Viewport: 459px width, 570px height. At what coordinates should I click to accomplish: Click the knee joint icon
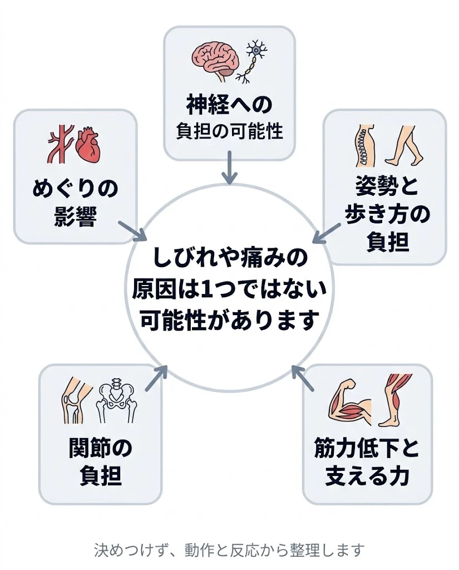[73, 401]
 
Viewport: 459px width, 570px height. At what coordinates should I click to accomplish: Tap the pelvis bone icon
[117, 401]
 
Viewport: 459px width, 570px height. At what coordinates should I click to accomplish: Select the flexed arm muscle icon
[348, 402]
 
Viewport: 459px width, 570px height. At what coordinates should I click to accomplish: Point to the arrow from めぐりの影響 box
[131, 230]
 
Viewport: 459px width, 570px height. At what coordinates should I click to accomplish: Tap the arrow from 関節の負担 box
[157, 378]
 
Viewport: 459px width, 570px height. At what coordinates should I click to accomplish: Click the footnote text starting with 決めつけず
[229, 551]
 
